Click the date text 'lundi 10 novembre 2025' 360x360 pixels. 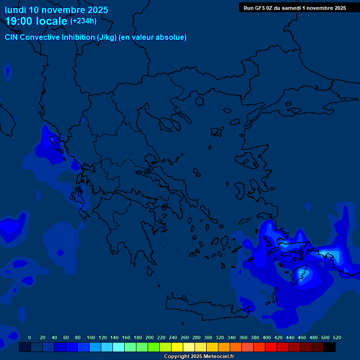56,10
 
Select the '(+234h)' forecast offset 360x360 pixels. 83,21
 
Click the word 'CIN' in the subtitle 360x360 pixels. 13,37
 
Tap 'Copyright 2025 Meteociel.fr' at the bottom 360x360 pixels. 199,356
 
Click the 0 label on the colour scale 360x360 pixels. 30,337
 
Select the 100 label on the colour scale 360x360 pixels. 91,337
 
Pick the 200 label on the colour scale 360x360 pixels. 150,337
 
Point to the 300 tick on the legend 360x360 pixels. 208,337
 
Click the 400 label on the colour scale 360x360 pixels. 267,337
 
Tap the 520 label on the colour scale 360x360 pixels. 337,337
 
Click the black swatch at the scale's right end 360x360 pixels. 330,347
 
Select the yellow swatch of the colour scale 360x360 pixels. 177,347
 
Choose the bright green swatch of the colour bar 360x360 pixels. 154,347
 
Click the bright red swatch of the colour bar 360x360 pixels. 271,347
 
